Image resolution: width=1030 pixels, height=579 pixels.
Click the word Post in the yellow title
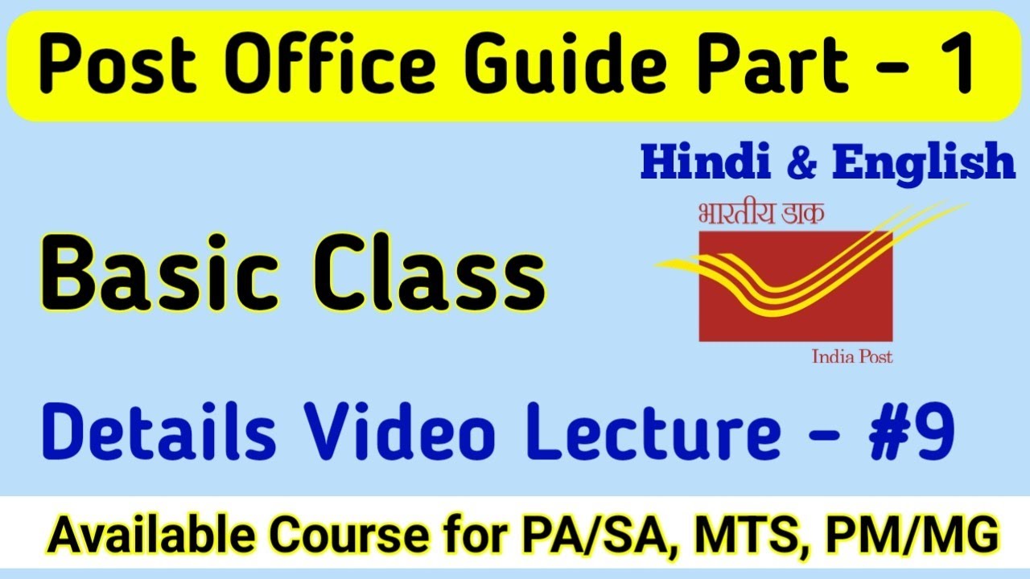pos(103,68)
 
